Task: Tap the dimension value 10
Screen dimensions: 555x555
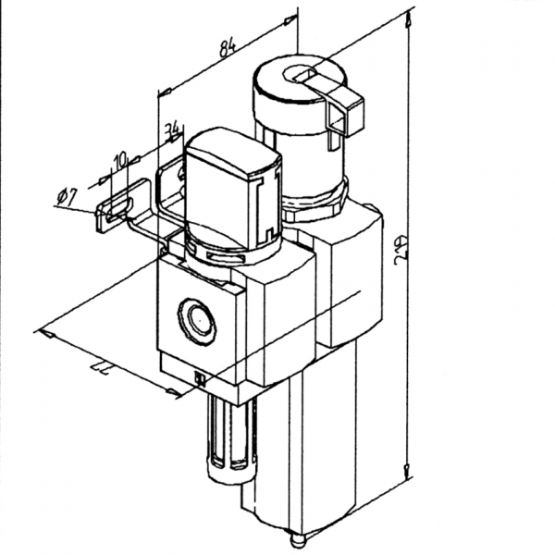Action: tap(118, 161)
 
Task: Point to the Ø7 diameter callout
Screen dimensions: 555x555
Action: tap(66, 196)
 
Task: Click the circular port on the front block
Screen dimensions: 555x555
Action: tap(198, 319)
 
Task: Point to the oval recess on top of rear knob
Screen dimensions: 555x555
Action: tap(301, 74)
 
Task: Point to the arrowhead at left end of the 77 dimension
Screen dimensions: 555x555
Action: tap(41, 331)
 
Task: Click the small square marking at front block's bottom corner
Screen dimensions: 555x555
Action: tap(200, 376)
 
